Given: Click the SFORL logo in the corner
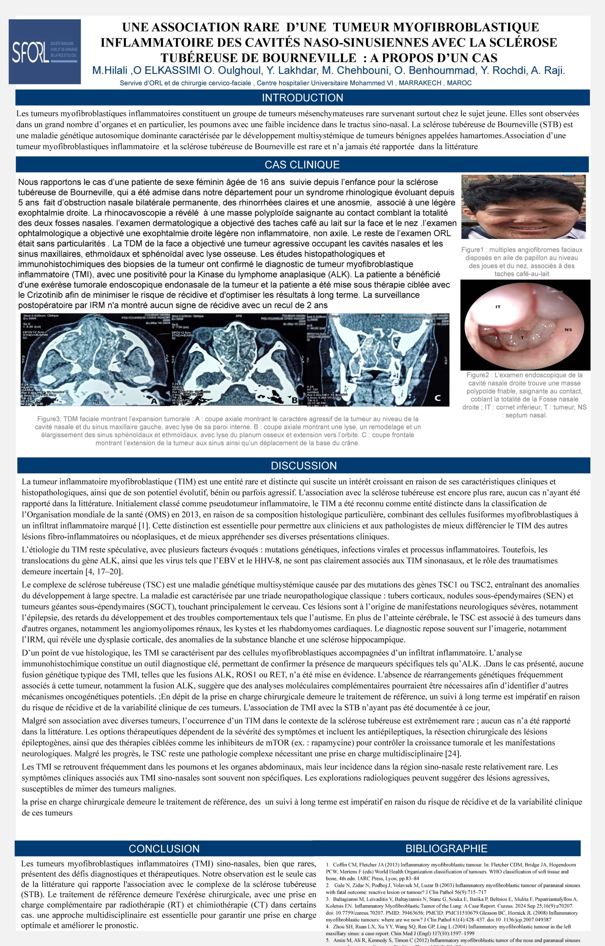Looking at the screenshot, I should pos(44,51).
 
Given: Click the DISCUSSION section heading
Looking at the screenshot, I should pos(304,466).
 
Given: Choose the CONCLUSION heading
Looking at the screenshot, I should pos(164,848).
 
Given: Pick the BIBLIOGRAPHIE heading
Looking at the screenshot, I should pos(446,848).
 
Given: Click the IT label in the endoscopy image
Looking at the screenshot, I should pos(498,307).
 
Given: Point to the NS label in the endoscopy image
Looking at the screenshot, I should pos(568,330).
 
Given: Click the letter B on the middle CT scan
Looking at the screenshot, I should pos(295,401).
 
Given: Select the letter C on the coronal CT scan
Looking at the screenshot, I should pos(437,398).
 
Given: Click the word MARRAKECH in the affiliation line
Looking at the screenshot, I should pos(420,84).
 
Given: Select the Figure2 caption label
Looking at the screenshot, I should pos(477,375).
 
